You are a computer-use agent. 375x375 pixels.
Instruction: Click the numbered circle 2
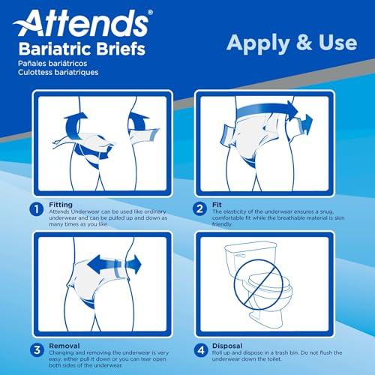click(x=201, y=210)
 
